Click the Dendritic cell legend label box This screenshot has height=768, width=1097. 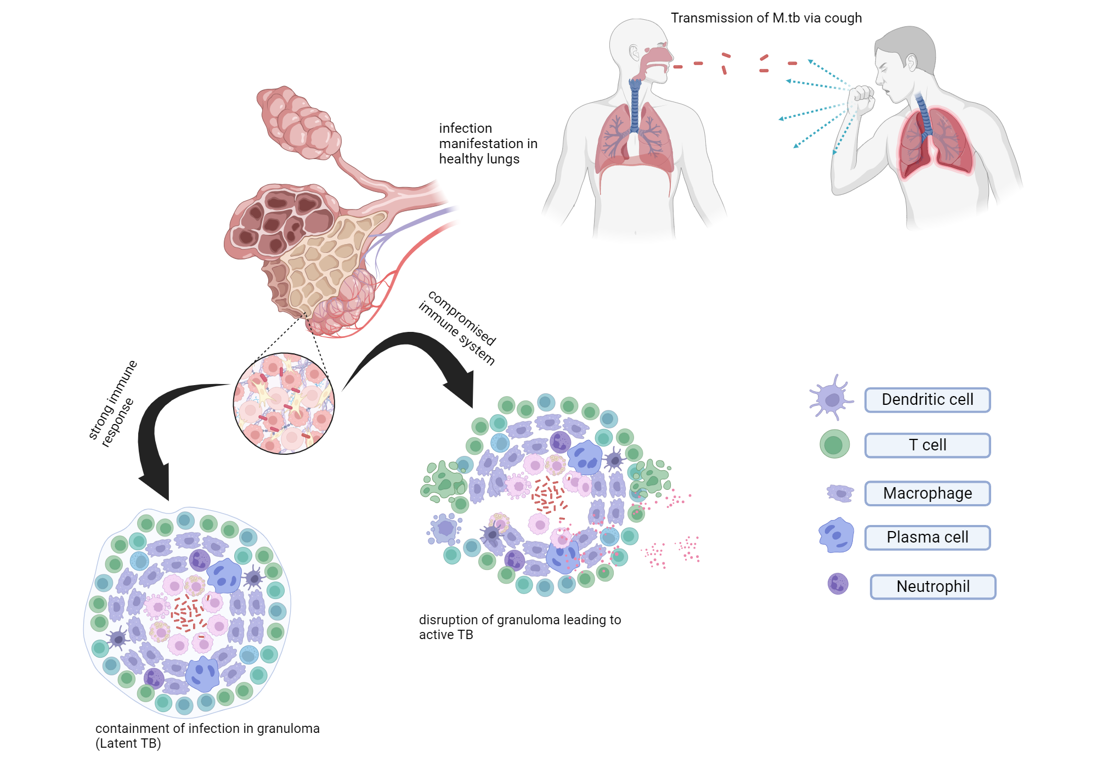click(927, 400)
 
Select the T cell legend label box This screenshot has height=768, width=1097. click(927, 445)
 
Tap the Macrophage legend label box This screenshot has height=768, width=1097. click(927, 493)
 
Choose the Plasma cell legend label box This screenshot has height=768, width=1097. click(927, 537)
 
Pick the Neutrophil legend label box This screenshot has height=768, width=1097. click(932, 586)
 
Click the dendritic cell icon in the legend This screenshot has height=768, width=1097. click(832, 398)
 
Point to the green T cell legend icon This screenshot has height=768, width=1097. click(834, 444)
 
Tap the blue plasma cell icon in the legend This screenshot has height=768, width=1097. click(836, 535)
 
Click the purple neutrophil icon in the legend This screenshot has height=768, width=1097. click(838, 584)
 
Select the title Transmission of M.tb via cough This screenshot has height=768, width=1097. click(766, 18)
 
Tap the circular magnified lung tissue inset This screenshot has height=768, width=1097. click(284, 403)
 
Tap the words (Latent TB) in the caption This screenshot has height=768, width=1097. click(128, 743)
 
